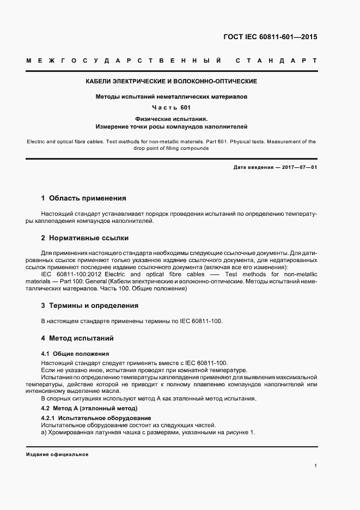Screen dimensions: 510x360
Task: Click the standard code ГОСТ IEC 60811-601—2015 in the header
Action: point(270,38)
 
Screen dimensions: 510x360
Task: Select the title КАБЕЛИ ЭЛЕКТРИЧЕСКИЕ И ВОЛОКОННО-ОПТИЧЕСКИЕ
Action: point(171,81)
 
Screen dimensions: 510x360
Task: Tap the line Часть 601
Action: point(171,107)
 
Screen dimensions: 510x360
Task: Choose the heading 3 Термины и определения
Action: point(90,306)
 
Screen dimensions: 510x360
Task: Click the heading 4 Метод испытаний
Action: point(77,338)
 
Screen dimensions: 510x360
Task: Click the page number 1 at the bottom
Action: point(315,466)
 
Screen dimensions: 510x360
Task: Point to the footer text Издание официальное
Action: point(57,454)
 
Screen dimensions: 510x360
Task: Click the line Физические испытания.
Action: point(171,118)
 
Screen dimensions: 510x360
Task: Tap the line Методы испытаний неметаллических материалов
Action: point(171,96)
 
